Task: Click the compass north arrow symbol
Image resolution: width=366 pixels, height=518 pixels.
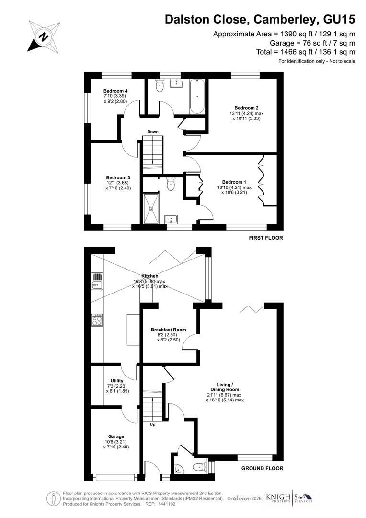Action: [44, 36]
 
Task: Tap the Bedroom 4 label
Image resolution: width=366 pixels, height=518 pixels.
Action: [115, 91]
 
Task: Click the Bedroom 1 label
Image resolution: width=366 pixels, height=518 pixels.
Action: [234, 182]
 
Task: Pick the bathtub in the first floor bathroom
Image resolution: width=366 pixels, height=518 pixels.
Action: [197, 96]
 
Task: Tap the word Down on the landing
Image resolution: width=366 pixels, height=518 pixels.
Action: [153, 132]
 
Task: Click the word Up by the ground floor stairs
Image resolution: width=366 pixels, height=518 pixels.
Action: [153, 424]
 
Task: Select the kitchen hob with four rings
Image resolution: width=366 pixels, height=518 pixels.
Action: [97, 320]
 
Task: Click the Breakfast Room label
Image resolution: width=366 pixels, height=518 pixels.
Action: [168, 330]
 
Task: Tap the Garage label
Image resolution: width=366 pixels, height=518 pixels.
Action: [116, 436]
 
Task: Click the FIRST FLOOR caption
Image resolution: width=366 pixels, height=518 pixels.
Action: [265, 238]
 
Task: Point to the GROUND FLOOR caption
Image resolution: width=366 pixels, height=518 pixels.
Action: [262, 468]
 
